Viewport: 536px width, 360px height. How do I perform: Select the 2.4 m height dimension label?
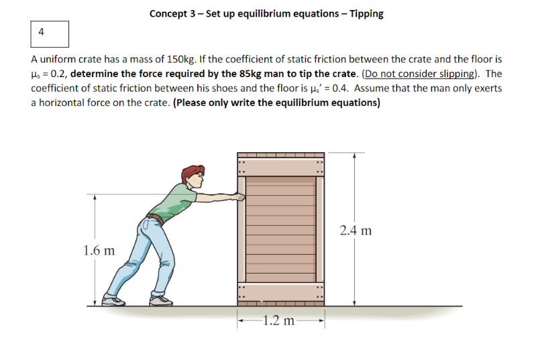[x=355, y=231]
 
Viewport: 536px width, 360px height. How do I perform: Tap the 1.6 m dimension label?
[x=98, y=251]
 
